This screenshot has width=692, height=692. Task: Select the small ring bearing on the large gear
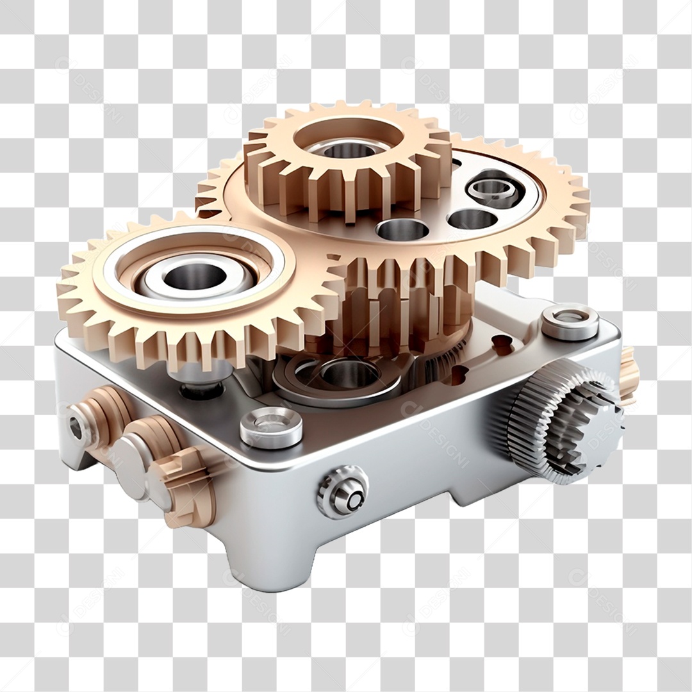493,188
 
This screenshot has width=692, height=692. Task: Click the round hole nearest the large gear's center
402,229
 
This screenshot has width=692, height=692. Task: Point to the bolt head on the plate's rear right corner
570,322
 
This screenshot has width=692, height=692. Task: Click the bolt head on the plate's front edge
271,427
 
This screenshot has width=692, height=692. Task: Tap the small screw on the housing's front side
343,491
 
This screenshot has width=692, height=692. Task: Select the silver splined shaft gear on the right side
564,420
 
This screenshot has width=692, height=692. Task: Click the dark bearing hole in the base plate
349,373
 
